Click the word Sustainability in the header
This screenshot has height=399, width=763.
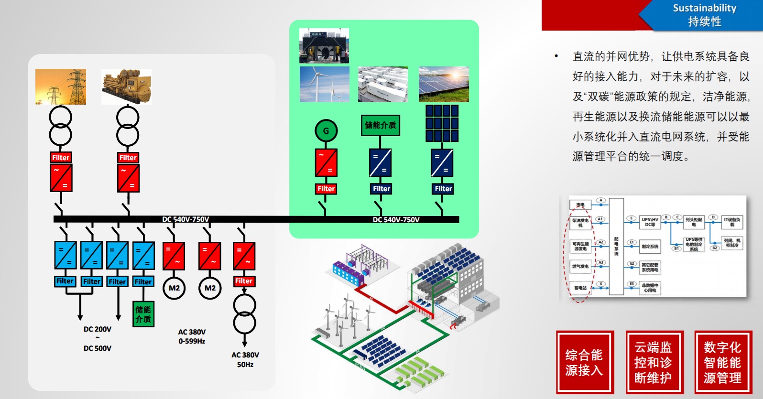coord(704,8)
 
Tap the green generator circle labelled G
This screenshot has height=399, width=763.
coord(326,130)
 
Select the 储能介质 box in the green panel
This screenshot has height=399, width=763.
coord(380,125)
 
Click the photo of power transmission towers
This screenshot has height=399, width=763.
coord(61,86)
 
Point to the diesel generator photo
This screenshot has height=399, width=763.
coord(126,86)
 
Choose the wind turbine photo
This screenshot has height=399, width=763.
coord(324,84)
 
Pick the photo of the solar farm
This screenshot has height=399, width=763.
coord(444,84)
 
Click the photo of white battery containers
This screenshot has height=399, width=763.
coord(382,84)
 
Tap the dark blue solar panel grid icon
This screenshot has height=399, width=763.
coord(442,123)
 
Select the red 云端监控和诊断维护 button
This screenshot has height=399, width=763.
coord(653,362)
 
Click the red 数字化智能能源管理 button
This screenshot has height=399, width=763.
coord(722,362)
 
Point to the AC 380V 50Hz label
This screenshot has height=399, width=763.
coord(245,359)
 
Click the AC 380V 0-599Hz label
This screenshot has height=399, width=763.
coord(192,336)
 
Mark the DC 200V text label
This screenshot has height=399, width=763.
coord(98,329)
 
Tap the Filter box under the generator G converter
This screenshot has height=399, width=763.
coord(326,189)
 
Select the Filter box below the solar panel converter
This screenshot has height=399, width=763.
coord(443,189)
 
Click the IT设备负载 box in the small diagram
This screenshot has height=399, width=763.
coord(731,222)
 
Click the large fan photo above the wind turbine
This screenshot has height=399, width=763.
coord(324,46)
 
